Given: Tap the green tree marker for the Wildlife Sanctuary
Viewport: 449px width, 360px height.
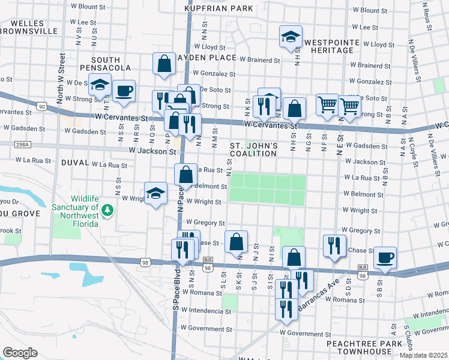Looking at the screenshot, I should pyautogui.click(x=107, y=210).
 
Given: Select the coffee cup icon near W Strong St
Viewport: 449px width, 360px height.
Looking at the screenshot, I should pyautogui.click(x=124, y=91).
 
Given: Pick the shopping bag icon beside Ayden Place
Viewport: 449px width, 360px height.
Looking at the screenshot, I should pyautogui.click(x=164, y=64).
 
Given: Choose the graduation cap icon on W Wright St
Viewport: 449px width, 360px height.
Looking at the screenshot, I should pyautogui.click(x=155, y=193).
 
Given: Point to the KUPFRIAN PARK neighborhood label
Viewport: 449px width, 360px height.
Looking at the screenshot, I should pyautogui.click(x=218, y=9).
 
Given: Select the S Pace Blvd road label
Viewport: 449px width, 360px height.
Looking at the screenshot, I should pyautogui.click(x=176, y=292).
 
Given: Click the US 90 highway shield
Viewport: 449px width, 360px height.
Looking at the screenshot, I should pyautogui.click(x=41, y=106).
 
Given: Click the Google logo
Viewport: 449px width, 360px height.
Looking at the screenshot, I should pyautogui.click(x=20, y=352).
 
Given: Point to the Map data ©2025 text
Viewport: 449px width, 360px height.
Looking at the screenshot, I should pyautogui.click(x=424, y=356).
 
